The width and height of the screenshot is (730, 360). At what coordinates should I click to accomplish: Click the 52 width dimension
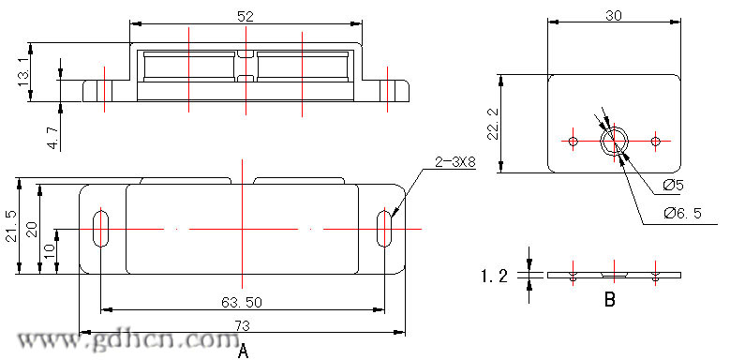(x=246, y=16)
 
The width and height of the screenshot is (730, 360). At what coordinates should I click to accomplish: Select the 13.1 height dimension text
(x=23, y=72)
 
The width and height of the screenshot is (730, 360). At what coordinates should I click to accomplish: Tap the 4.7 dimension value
(x=53, y=137)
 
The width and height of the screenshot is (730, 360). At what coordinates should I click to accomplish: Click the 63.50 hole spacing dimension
(x=242, y=302)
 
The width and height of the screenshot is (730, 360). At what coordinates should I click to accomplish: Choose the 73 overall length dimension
(x=243, y=326)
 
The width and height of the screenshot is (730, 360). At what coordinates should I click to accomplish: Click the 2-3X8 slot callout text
(x=454, y=162)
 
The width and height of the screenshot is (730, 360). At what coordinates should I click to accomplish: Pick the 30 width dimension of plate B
(x=614, y=15)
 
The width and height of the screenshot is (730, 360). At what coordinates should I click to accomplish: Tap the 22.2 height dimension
(x=493, y=124)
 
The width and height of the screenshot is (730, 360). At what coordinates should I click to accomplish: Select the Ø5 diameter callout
(x=673, y=186)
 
